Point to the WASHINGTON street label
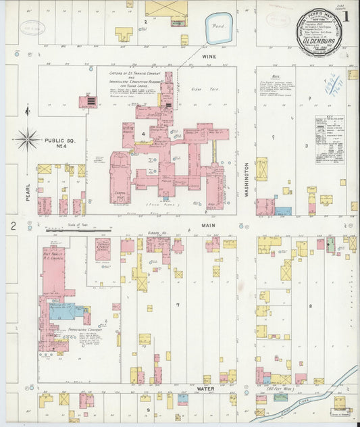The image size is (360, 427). pyautogui.click(x=247, y=179)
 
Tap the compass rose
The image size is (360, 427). pyautogui.click(x=28, y=140)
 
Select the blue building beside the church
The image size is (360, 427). pyautogui.click(x=63, y=311)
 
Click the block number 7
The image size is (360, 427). pyautogui.click(x=178, y=305)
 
